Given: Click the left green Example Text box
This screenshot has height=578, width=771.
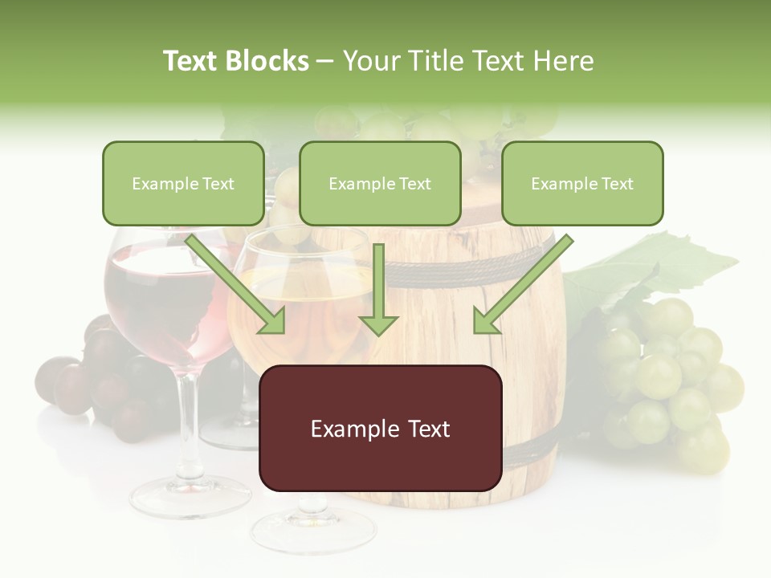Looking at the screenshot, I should pos(183,183).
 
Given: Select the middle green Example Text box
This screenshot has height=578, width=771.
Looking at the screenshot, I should pos(380,183).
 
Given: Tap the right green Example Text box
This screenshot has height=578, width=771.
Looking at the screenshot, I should pos(582,183).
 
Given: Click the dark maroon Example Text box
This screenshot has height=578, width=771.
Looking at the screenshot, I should pos(380,428).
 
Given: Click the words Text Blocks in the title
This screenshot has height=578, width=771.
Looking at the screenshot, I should pos(236,61).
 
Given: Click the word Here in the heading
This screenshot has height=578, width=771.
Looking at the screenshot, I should pos(566,61).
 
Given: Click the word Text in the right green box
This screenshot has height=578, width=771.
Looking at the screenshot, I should pos(617,183).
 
